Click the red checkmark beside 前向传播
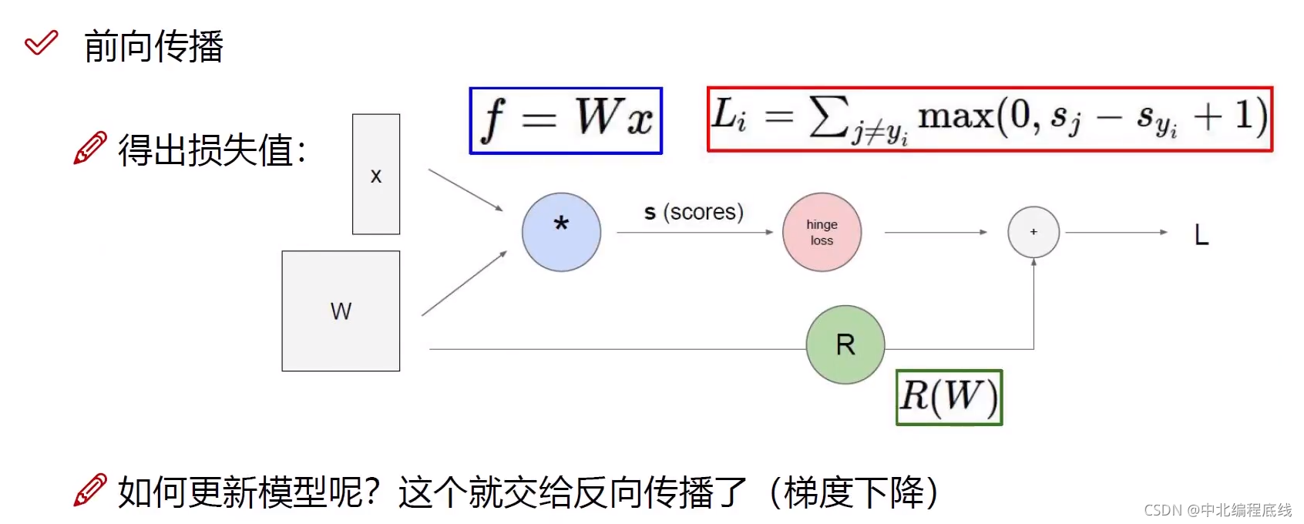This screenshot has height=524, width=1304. [x=41, y=43]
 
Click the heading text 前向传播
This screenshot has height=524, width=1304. [x=153, y=46]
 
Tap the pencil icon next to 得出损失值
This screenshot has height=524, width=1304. [x=90, y=148]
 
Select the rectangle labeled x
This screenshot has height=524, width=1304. [x=376, y=174]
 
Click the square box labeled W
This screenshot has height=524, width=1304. [x=341, y=311]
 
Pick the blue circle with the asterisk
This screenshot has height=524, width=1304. [x=561, y=232]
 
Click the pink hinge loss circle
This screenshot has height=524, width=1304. [x=822, y=232]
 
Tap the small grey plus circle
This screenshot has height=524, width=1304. [x=1033, y=232]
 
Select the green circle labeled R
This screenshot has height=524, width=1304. [x=845, y=344]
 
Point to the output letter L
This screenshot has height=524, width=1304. [x=1201, y=234]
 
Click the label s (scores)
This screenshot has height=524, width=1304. [x=694, y=212]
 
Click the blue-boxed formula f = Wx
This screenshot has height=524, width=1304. [x=566, y=120]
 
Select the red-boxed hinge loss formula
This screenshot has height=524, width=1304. [x=990, y=119]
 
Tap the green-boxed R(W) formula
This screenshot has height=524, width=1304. [x=949, y=398]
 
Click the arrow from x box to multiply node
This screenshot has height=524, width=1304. [x=465, y=190]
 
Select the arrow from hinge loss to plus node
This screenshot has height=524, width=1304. [x=935, y=232]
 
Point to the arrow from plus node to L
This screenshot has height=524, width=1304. [x=1116, y=232]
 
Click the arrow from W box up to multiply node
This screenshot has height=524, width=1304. [x=464, y=284]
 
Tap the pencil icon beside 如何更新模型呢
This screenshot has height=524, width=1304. [x=90, y=490]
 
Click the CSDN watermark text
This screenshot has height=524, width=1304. [x=1218, y=510]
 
